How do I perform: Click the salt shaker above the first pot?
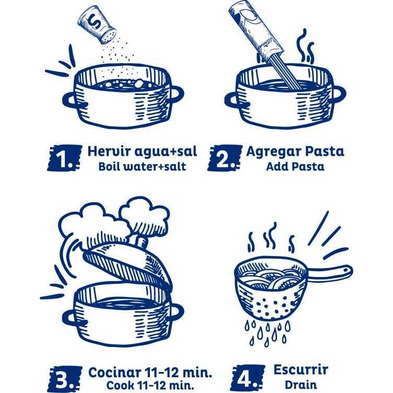pos(95,24)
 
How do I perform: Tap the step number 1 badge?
pos(65,158)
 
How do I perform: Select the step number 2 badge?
pos(225,158)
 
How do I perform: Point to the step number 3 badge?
pos(65,377)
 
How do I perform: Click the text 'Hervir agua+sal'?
pos(142,152)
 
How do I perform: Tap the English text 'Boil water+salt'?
pos(142,167)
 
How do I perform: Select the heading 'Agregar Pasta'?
pos(295,152)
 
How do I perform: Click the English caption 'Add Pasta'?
pos(295,167)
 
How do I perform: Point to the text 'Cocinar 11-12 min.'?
pos(151,372)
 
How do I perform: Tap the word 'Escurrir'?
pos(301,371)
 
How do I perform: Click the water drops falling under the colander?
pos(267,332)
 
